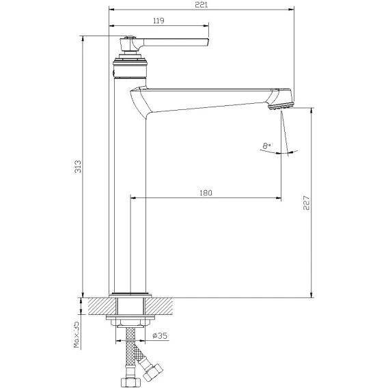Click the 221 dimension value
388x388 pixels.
[x=202, y=5]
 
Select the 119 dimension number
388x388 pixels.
[x=158, y=20]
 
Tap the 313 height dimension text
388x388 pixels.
[x=78, y=166]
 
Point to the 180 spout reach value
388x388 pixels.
[x=206, y=193]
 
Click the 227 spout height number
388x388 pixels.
[x=306, y=203]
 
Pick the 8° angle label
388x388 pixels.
[x=266, y=145]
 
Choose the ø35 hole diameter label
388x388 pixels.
[x=160, y=336]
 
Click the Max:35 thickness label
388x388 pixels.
[x=77, y=335]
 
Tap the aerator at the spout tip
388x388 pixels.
[x=281, y=106]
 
